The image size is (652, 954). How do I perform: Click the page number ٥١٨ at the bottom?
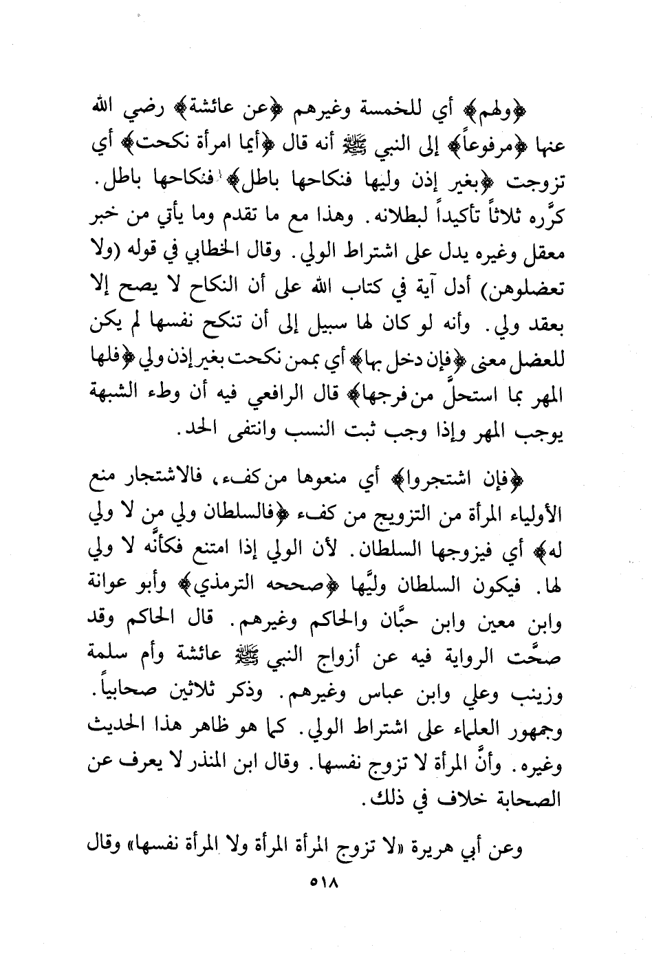[x=326, y=882]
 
